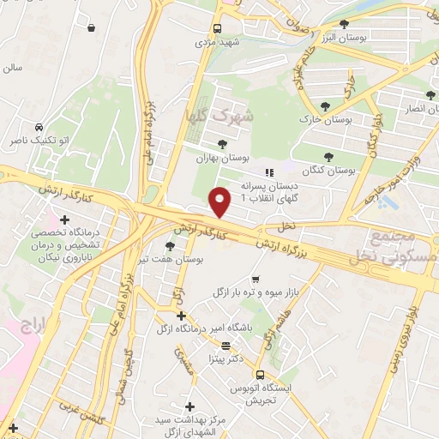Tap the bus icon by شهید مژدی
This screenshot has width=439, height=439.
pos(217,27)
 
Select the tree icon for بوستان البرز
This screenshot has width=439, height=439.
pos(344,24)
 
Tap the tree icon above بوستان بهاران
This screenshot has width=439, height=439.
pos(223,144)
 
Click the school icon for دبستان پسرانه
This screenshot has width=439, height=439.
pos(268,172)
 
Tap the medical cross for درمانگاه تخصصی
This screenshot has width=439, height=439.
pos(64,219)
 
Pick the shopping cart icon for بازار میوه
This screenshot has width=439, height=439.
pos(256,280)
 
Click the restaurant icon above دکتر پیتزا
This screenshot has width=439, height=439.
pos(226,346)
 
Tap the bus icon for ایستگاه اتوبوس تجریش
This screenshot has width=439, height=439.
pos(260,373)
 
